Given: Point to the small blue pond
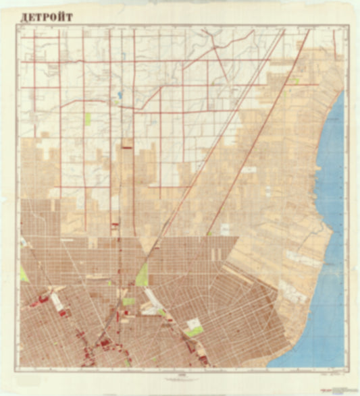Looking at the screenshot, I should pos(120,95).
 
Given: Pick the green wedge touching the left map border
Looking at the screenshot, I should pos(24,274).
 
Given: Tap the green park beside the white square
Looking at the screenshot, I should pos(195,331).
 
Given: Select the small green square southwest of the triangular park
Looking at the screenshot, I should pos(128,302).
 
